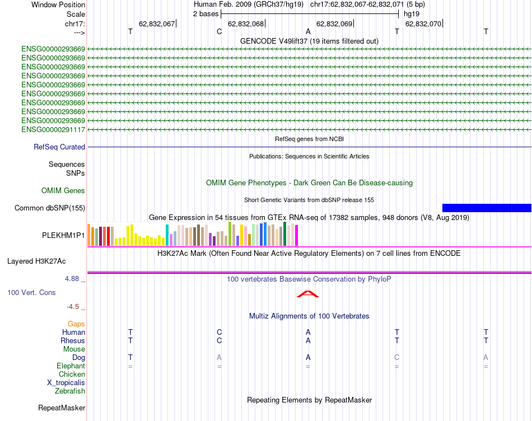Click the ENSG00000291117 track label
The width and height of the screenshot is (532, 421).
click(53, 129)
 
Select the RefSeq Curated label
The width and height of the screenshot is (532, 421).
click(59, 147)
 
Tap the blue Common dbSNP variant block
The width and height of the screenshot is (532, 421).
click(487, 208)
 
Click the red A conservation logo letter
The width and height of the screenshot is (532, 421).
click(308, 294)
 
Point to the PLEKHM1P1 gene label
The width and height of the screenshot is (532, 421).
click(63, 236)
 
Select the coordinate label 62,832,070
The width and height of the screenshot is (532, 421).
click(423, 24)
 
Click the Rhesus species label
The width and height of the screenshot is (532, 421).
click(73, 340)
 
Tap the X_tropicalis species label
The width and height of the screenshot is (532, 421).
click(66, 383)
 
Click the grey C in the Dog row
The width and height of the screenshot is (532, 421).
click(397, 357)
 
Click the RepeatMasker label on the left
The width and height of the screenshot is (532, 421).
click(62, 408)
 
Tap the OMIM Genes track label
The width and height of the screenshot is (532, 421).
click(63, 191)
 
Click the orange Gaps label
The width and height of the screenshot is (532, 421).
click(76, 324)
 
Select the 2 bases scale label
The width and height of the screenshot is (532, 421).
click(206, 13)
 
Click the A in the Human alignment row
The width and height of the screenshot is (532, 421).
click(308, 332)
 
